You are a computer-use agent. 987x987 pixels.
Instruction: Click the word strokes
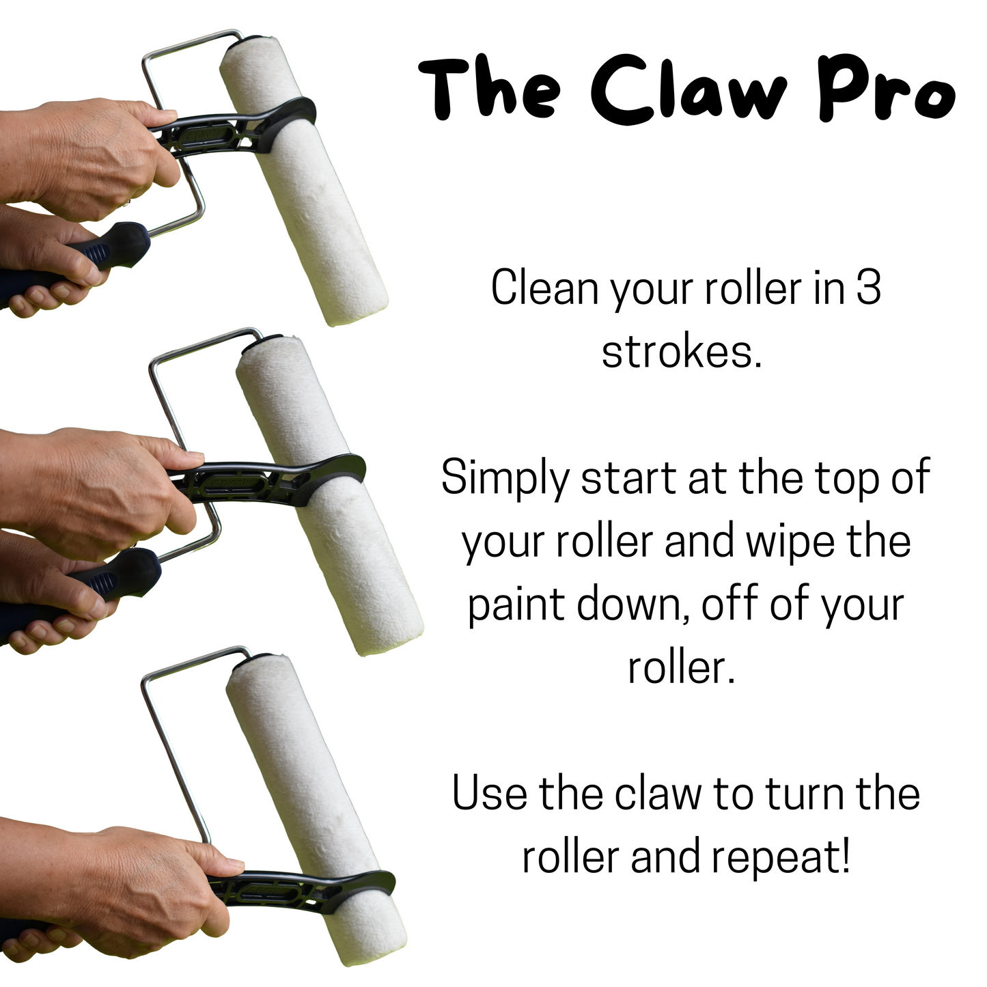pos(682,351)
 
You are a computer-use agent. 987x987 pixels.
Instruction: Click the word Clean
pos(545,288)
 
